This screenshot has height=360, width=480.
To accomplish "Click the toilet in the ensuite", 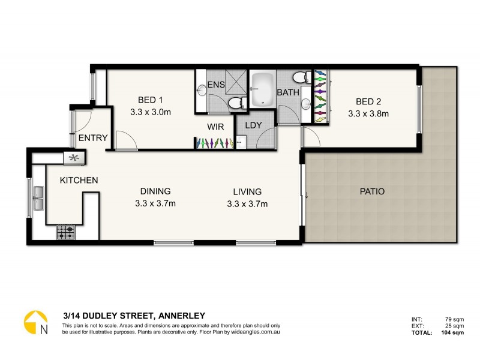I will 238,102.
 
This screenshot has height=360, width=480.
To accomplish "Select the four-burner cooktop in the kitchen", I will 65,232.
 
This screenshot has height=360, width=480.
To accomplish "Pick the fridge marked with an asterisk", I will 74,158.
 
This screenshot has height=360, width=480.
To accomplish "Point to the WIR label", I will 216,127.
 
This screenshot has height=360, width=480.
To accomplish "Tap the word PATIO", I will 372,192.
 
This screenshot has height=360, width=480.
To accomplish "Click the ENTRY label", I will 93,138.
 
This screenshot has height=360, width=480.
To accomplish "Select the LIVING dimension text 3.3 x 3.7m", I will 247,204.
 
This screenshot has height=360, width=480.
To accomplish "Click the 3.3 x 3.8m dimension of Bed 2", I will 368,112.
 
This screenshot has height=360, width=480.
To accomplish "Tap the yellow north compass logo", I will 35,322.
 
